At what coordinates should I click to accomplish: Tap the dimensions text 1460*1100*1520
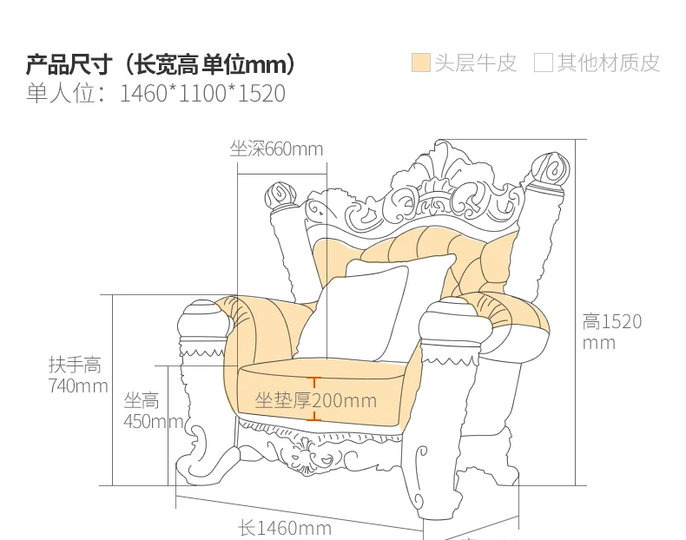click(x=202, y=94)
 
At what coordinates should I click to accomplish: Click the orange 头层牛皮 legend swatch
click(x=421, y=63)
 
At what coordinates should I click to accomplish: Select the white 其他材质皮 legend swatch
click(x=544, y=63)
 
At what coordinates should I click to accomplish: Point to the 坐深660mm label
click(x=276, y=149)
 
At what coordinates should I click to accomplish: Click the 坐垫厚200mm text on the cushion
click(x=315, y=400)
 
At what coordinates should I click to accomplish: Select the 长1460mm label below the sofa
click(x=285, y=528)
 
